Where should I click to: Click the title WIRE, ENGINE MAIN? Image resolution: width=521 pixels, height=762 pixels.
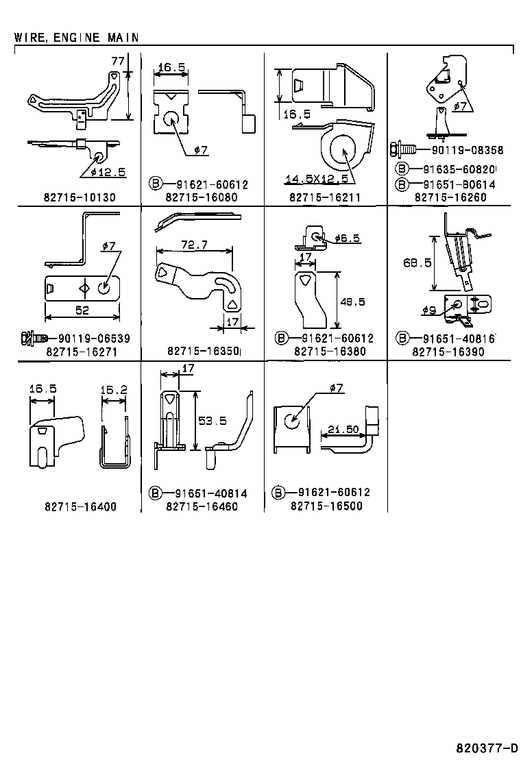pyautogui.click(x=76, y=38)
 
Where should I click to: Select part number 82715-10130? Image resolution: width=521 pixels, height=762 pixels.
pyautogui.click(x=80, y=197)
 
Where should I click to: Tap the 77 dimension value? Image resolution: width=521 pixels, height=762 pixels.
pyautogui.click(x=118, y=61)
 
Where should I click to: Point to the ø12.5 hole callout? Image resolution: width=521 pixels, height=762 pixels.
pyautogui.click(x=108, y=171)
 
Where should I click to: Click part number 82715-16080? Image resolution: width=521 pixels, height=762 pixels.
pyautogui.click(x=202, y=197)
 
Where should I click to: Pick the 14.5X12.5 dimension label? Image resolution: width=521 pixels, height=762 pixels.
pyautogui.click(x=317, y=179)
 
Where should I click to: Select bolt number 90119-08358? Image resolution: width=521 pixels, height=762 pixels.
pyautogui.click(x=467, y=150)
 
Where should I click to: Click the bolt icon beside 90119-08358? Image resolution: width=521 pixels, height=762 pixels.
pyautogui.click(x=402, y=149)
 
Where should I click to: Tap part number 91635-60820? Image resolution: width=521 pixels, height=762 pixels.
pyautogui.click(x=459, y=170)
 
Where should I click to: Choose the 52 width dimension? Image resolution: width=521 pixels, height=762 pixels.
pyautogui.click(x=82, y=310)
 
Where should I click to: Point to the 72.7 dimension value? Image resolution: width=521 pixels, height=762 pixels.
pyautogui.click(x=195, y=245)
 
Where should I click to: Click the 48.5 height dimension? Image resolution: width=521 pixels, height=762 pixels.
pyautogui.click(x=352, y=302)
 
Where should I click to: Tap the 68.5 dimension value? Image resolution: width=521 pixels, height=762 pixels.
pyautogui.click(x=417, y=263)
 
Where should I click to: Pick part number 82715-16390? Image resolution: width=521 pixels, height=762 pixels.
pyautogui.click(x=448, y=352)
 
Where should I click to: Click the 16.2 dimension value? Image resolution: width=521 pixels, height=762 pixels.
pyautogui.click(x=114, y=390)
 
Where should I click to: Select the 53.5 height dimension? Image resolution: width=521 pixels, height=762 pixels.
pyautogui.click(x=213, y=421)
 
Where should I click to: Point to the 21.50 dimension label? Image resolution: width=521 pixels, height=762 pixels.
pyautogui.click(x=343, y=429)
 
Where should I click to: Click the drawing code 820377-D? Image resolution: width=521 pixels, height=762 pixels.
pyautogui.click(x=487, y=747)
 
